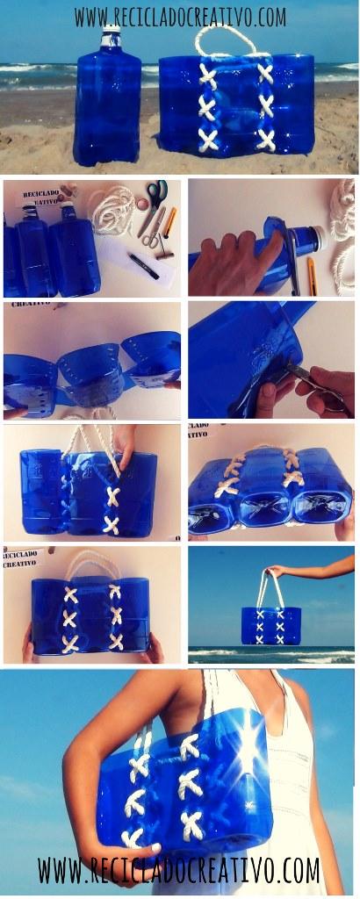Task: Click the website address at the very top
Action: pos(180,17)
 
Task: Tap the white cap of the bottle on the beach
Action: pos(112,35)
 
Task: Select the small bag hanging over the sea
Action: pos(271,624)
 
